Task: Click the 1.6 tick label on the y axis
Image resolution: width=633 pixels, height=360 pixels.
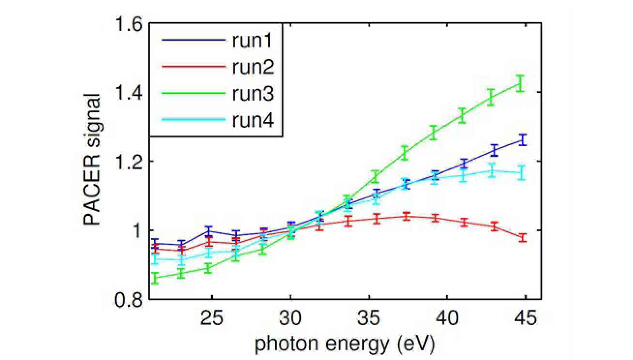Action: pyautogui.click(x=129, y=24)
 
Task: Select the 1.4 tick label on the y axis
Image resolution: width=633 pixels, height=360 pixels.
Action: pyautogui.click(x=129, y=92)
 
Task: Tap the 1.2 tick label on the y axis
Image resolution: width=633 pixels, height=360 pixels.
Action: pyautogui.click(x=129, y=161)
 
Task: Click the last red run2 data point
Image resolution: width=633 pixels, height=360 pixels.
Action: pyautogui.click(x=522, y=238)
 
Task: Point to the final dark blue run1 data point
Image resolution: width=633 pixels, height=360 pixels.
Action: pyautogui.click(x=522, y=140)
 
